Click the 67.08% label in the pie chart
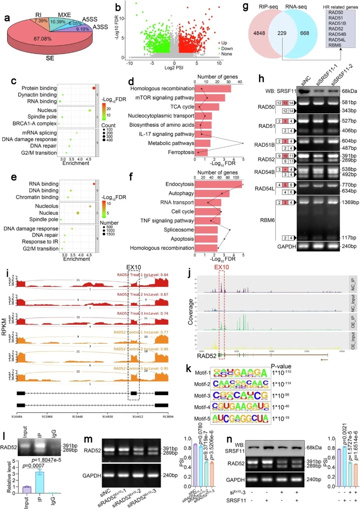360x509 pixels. (x=42, y=39)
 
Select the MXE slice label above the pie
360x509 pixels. (x=64, y=15)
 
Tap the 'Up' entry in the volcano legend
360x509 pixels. (x=224, y=43)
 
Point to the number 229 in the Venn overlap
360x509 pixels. (x=282, y=33)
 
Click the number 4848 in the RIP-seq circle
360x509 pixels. (x=259, y=33)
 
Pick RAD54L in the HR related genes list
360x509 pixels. (x=337, y=40)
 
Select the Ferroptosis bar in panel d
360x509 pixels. (x=201, y=152)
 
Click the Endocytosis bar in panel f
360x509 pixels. (x=218, y=184)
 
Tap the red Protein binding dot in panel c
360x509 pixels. (x=94, y=88)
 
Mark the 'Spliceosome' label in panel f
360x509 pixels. (x=179, y=230)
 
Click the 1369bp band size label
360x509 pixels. (x=350, y=202)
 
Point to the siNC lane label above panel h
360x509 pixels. (x=306, y=80)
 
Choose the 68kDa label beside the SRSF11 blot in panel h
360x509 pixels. (x=349, y=91)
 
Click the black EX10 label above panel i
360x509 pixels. (x=134, y=268)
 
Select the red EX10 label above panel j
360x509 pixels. (x=222, y=267)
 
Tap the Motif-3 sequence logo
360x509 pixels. (x=240, y=396)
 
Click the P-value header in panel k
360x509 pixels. (x=281, y=366)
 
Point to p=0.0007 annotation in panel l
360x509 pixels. (x=33, y=466)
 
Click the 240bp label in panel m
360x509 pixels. (x=170, y=475)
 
